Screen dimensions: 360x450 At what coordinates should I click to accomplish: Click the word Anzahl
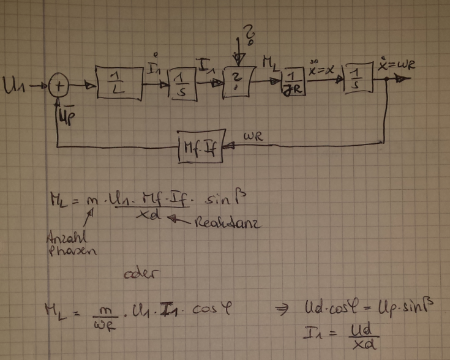(x=77, y=235)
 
